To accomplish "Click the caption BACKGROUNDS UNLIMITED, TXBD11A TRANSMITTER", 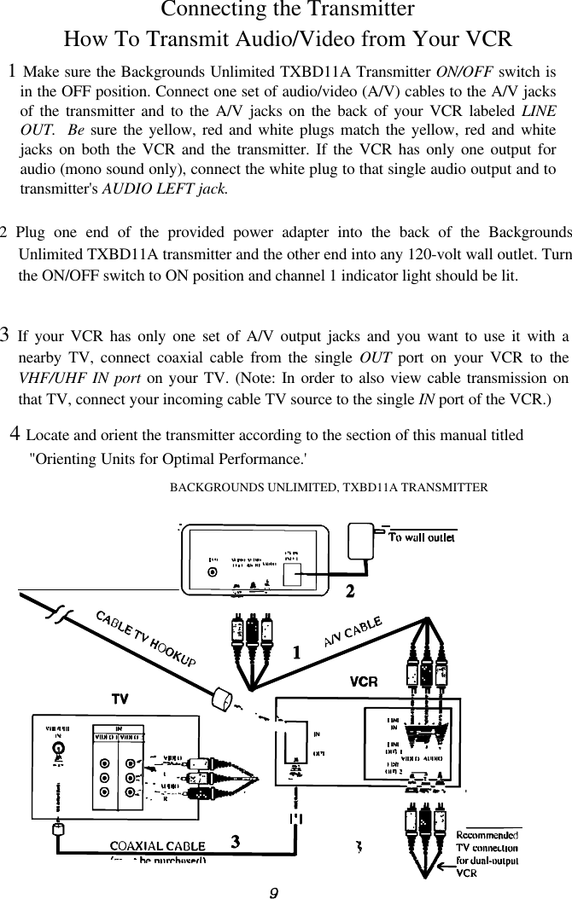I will (329, 488).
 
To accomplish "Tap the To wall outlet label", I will (422, 537).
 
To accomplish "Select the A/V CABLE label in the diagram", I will (352, 632).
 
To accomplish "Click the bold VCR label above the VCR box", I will (364, 682).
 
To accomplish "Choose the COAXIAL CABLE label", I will (157, 846).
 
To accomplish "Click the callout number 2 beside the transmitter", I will (350, 590).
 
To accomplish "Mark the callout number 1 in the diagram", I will (296, 654).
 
